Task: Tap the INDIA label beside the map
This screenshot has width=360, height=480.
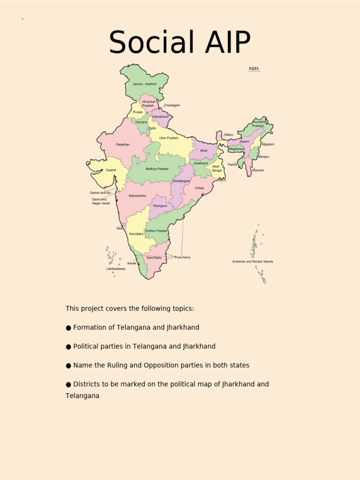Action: pos(254,69)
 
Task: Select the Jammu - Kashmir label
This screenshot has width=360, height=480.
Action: pos(144,84)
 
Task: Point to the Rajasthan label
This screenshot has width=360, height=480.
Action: pos(123,145)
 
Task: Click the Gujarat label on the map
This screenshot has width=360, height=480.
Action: pos(111,170)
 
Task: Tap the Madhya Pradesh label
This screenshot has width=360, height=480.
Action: pos(157,169)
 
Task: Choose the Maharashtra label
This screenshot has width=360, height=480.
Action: pos(137,195)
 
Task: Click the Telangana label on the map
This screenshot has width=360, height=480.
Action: pos(159,206)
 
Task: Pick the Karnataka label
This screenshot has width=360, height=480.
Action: pos(136,234)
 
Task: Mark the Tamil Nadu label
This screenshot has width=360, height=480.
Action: pos(154,258)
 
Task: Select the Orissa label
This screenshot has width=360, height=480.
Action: pos(199,188)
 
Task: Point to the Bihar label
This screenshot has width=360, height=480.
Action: pos(204,150)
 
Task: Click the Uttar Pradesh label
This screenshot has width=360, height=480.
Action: pos(169,138)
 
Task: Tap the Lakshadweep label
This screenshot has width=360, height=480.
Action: pos(115,269)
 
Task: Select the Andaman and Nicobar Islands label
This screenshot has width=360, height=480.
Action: pos(253,262)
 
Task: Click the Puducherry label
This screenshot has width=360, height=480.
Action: pos(182,257)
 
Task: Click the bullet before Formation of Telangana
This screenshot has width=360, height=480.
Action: pos(68,328)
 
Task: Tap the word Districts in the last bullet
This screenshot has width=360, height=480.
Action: pos(88,384)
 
